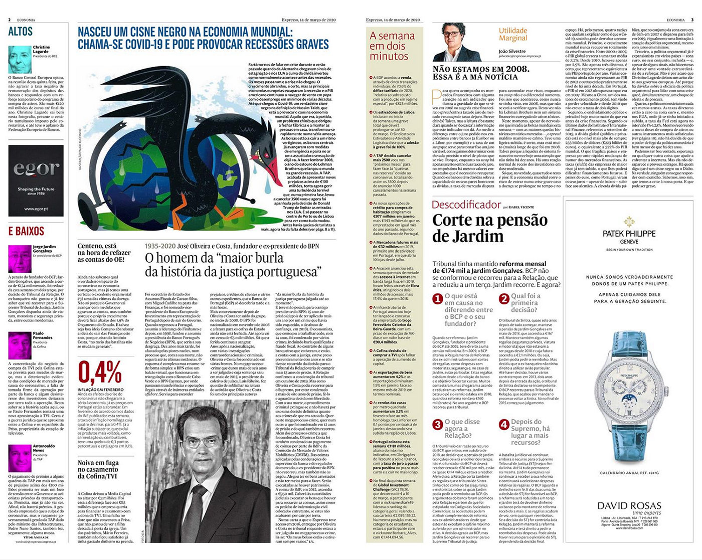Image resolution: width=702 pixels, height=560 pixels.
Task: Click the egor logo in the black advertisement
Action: (36, 169)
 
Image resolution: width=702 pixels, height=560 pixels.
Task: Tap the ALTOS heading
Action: (21, 32)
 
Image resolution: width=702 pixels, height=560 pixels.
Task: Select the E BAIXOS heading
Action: (26, 231)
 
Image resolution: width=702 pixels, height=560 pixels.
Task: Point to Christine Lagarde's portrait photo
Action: (20, 60)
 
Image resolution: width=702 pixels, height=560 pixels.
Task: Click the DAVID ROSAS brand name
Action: (629, 505)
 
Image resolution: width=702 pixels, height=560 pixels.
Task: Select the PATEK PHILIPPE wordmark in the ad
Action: (629, 233)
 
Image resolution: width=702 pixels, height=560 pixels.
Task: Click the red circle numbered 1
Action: (437, 299)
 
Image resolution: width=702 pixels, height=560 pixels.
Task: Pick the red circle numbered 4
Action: (504, 425)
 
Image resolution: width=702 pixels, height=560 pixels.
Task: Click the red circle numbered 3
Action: (437, 425)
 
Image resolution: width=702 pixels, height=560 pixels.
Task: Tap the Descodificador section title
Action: (466, 205)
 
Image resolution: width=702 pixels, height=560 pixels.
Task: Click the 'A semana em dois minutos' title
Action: (392, 46)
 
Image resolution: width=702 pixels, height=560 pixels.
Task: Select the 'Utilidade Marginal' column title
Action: (512, 34)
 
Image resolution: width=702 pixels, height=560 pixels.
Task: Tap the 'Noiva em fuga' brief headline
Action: (98, 469)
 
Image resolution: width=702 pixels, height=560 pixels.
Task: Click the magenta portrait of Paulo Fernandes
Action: (20, 345)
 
